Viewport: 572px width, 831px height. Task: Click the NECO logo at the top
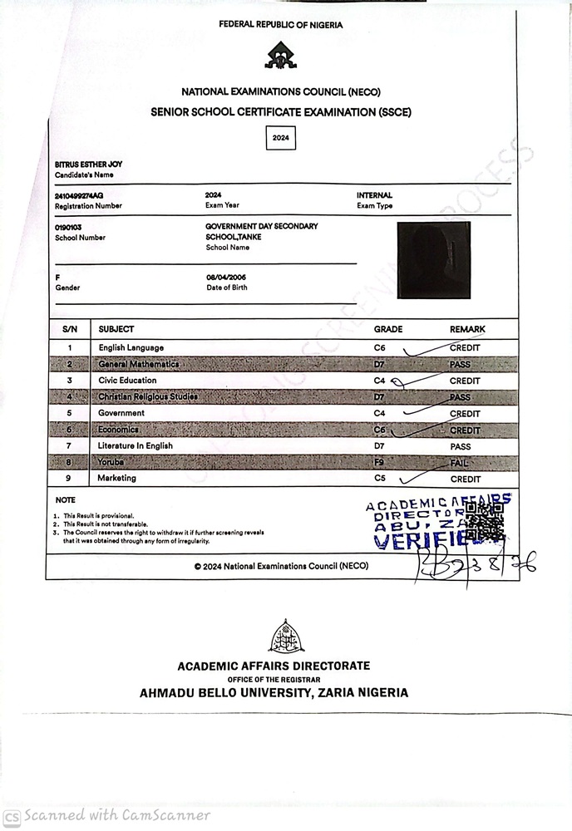coord(280,56)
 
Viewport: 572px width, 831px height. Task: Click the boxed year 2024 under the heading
coord(281,138)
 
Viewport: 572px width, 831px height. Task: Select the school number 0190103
coord(67,227)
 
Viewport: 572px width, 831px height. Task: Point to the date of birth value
coord(226,277)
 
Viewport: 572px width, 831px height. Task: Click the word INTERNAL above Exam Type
coord(374,195)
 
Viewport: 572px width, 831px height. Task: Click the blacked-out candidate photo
coord(434,261)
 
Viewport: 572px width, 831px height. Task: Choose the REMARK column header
coord(467,329)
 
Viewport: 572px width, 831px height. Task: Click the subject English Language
coord(131,347)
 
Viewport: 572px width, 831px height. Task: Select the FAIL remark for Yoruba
coord(460,462)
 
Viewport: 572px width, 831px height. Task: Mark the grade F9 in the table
coord(381,462)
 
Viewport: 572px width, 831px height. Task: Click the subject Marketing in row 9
coord(116,479)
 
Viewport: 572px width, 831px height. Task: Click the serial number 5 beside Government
coord(70,413)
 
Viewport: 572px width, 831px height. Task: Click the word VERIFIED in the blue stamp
coord(416,543)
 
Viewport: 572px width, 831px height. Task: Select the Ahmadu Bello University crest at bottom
coord(285,636)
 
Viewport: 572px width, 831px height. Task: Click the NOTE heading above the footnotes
coord(65,500)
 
